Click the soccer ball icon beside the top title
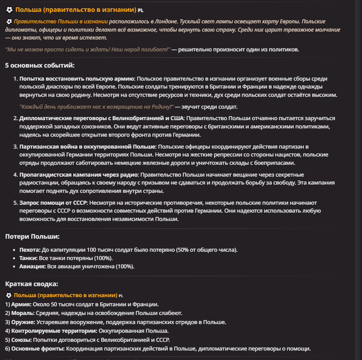pos(9,9)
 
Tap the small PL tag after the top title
pos(141,10)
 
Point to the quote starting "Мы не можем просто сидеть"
pos(87,49)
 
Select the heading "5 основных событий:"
pos(40,66)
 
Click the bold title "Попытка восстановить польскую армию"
pos(77,79)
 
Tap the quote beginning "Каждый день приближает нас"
pos(97,107)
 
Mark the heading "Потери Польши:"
pos(32,237)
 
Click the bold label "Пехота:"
pos(30,250)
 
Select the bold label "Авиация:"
pos(32,266)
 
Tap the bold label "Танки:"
pos(29,258)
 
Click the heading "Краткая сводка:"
pos(32,284)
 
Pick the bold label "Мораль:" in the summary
pos(23,313)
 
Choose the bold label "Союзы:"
pos(21,340)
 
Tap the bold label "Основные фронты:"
pos(38,349)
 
